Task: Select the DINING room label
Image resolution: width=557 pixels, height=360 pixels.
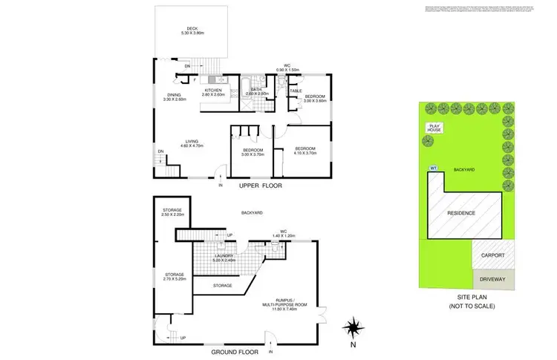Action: [174, 96]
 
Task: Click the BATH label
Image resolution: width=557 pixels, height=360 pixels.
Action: [256, 91]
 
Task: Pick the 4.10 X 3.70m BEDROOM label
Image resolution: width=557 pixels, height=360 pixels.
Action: [302, 150]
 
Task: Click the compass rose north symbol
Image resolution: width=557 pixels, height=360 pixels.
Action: [354, 327]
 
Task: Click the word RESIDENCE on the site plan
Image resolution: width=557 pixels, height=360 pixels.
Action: [466, 214]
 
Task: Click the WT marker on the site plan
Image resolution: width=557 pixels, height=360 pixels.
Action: [433, 167]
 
